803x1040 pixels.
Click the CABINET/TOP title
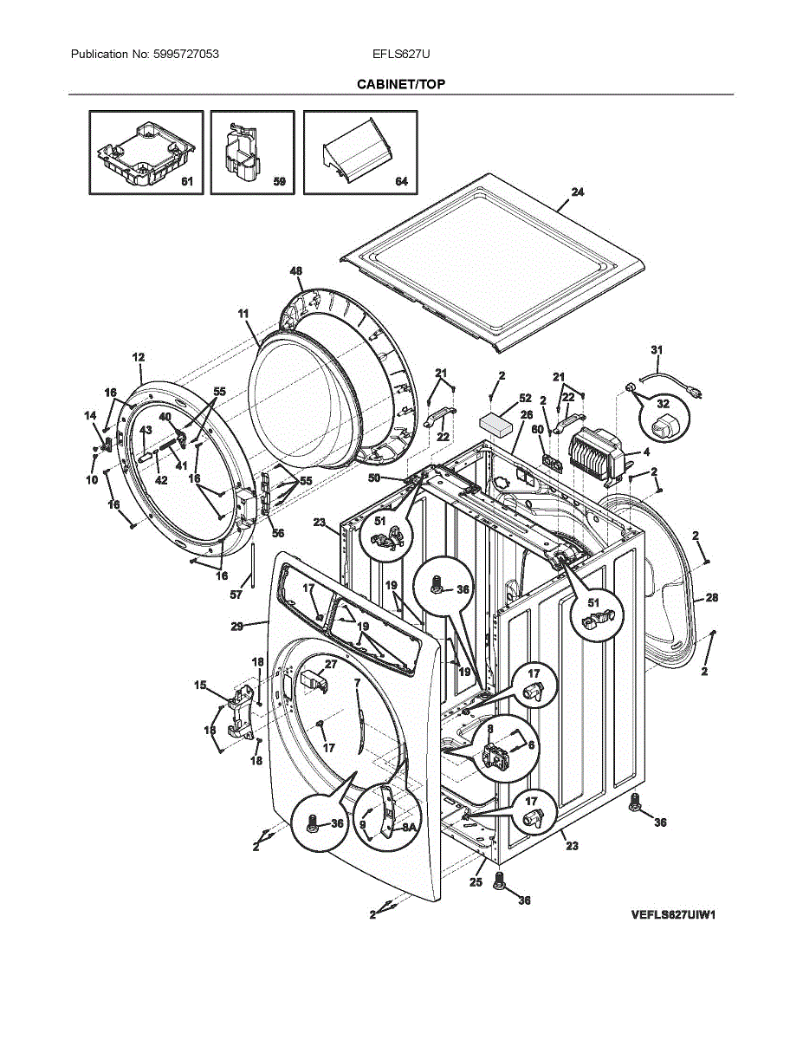tap(401, 84)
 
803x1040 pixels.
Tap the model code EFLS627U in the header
tap(401, 55)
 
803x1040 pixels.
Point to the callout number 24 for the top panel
tap(577, 192)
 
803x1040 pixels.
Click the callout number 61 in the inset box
tap(186, 183)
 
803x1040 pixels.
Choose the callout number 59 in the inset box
tap(279, 183)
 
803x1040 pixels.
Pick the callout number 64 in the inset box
tap(401, 183)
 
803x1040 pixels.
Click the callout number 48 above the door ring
tap(295, 271)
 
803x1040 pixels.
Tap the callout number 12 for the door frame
tap(139, 357)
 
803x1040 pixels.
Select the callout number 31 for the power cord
tap(657, 349)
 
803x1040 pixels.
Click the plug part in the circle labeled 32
tap(664, 426)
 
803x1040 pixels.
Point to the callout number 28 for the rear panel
tap(711, 598)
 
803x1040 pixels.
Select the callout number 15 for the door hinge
tap(200, 686)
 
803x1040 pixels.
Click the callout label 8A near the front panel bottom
tap(408, 829)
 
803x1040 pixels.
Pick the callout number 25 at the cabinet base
tap(476, 882)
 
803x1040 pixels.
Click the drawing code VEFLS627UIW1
tap(677, 914)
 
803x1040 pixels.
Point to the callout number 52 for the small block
tap(525, 398)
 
